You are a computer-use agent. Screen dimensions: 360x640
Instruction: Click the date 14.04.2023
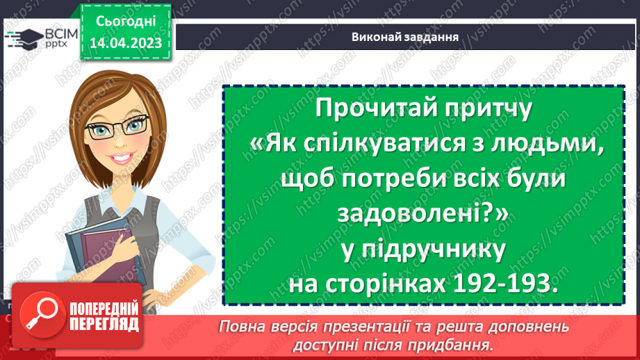(125, 43)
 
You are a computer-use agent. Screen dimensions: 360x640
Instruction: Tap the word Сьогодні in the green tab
(125, 22)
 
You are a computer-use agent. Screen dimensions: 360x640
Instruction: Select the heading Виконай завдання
(404, 37)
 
